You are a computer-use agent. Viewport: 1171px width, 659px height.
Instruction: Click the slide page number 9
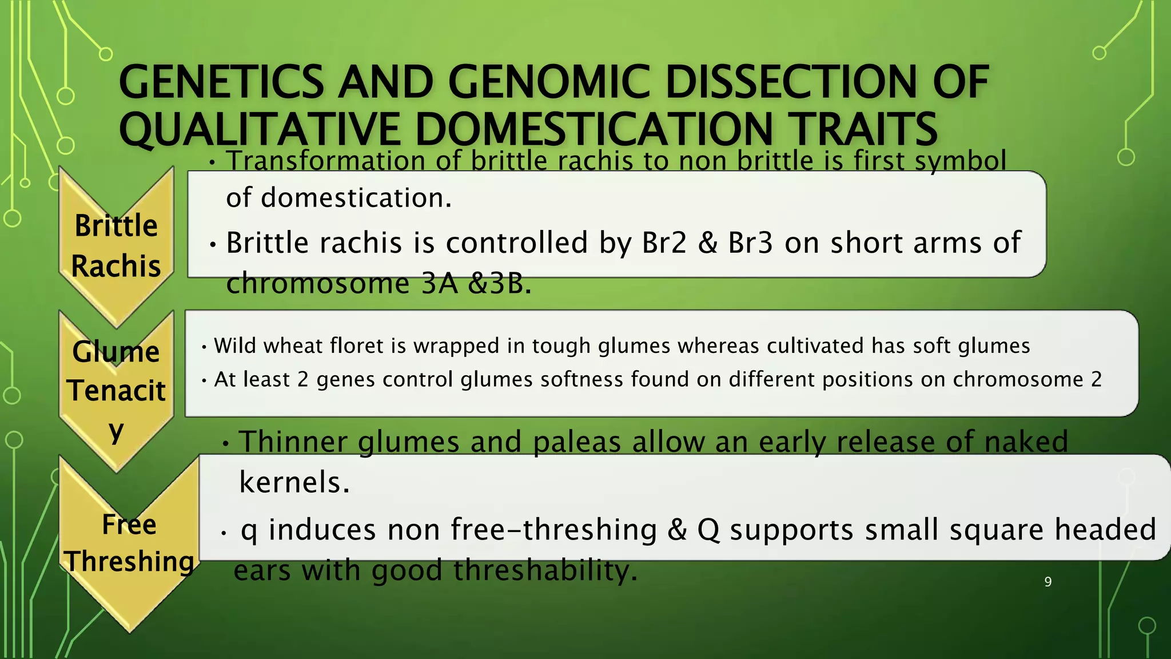(x=1047, y=582)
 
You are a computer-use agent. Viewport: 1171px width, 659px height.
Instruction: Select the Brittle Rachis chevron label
(x=116, y=246)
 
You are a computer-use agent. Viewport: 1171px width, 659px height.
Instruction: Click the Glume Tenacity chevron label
(x=116, y=389)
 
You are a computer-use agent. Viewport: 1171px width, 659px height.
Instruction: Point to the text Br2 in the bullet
(x=664, y=243)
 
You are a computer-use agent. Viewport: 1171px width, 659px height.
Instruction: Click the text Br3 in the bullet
(x=750, y=243)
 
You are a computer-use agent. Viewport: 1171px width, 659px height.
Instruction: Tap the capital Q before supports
(x=708, y=530)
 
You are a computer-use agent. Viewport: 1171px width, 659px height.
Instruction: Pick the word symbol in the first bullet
(x=961, y=161)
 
